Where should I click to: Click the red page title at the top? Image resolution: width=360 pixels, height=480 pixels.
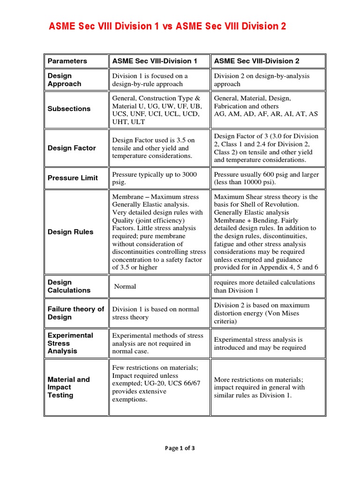[x=167, y=27]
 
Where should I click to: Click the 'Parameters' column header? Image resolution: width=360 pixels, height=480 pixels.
[x=67, y=61]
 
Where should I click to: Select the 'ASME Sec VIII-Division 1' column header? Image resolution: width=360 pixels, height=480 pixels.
[x=155, y=61]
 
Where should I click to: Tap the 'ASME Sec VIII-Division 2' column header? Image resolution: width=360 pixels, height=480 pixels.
[x=256, y=61]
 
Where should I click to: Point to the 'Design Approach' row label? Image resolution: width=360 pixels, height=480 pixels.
[x=65, y=80]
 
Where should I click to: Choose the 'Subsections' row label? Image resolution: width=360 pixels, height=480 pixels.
[x=69, y=109]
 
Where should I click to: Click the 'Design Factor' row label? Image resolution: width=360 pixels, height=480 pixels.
[x=72, y=148]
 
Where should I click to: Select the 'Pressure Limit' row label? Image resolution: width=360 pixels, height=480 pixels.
[x=73, y=178]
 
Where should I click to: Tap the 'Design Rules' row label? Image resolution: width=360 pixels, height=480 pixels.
[x=70, y=232]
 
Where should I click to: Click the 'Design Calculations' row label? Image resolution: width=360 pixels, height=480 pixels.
[x=69, y=286]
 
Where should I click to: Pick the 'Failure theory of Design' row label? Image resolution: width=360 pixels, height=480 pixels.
[x=75, y=313]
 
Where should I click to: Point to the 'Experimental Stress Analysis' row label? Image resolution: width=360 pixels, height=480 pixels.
[x=70, y=343]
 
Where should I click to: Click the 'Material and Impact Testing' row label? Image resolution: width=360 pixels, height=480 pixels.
[x=68, y=387]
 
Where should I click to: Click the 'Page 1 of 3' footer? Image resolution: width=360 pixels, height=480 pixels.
[x=180, y=448]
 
